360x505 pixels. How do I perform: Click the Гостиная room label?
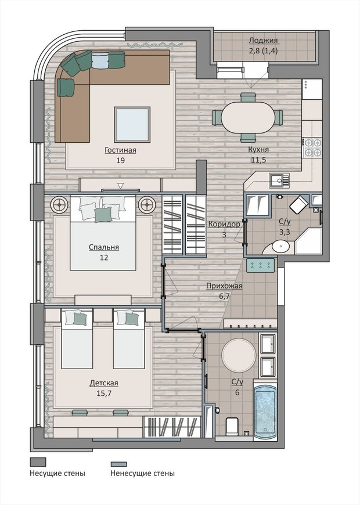[121, 150]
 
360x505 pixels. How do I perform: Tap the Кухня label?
[258, 149]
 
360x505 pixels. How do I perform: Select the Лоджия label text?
[263, 41]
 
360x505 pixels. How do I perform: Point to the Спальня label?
[104, 247]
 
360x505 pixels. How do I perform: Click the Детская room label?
[104, 383]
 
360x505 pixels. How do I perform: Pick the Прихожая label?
[224, 286]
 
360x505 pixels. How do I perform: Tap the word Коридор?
[224, 224]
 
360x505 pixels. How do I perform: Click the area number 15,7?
[104, 393]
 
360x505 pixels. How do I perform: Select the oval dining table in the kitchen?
[248, 118]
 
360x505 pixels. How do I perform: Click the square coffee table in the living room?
[132, 125]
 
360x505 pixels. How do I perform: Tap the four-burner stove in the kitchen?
[312, 147]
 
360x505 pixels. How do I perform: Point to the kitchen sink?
[279, 181]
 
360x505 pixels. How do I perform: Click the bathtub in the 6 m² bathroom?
[265, 410]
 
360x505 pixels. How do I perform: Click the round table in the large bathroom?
[239, 355]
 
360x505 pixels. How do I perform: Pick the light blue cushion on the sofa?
[100, 60]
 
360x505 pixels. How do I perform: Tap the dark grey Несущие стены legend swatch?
[38, 462]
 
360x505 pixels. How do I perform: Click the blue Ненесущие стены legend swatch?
[118, 464]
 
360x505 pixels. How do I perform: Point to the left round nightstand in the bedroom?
[59, 204]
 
